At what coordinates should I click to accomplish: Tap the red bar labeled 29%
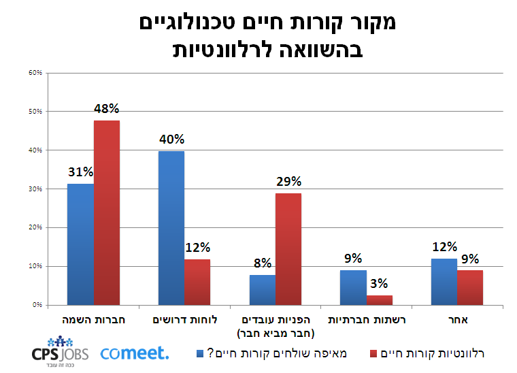(288, 248)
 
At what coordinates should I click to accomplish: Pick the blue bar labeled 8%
(263, 289)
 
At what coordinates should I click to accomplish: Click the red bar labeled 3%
(379, 299)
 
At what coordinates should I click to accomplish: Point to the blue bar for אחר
(444, 281)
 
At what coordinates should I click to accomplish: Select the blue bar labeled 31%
(81, 244)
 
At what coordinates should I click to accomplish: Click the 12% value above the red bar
(197, 248)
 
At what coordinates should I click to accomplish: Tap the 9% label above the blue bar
(353, 259)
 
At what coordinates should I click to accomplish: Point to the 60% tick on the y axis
(35, 72)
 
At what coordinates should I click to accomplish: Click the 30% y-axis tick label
(35, 189)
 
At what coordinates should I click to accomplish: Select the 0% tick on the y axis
(37, 305)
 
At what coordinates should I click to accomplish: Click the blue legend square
(200, 353)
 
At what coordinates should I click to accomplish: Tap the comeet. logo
(135, 353)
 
